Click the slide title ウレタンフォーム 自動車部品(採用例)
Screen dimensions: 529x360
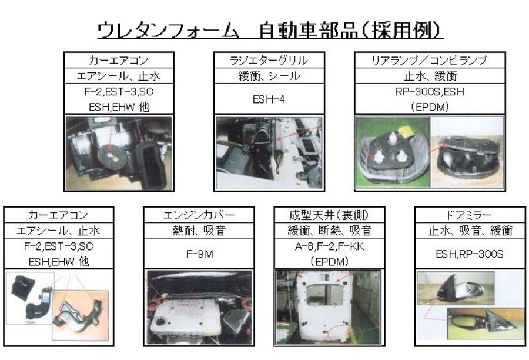270,31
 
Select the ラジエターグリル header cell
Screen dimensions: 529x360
269,60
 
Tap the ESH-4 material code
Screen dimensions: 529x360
269,99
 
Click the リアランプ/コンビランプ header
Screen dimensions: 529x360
430,60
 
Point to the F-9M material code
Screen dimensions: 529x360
199,254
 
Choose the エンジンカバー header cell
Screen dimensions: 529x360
199,215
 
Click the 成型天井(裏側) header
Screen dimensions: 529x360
329,215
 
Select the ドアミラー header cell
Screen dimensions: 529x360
469,215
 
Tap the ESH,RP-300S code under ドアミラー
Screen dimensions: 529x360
469,254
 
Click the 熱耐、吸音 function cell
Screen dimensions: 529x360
199,231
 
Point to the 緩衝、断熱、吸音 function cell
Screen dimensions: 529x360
329,231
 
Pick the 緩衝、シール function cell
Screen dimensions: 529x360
269,76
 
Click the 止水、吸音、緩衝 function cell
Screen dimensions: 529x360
469,231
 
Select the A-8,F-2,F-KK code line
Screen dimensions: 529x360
330,246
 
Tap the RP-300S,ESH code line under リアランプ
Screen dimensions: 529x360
430,92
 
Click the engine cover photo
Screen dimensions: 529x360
199,308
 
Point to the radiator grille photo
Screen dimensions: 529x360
269,153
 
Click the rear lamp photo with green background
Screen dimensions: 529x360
393,152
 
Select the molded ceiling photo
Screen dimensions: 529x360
329,308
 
